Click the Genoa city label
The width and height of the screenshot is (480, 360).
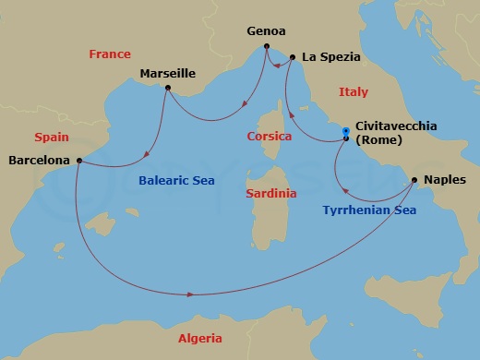click(266, 30)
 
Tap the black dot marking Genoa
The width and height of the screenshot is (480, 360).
click(266, 46)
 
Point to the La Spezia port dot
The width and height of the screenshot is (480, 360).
click(293, 57)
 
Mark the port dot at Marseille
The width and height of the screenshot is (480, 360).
click(167, 88)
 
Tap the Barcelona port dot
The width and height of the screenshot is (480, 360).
click(80, 161)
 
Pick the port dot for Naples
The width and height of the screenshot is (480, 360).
click(414, 180)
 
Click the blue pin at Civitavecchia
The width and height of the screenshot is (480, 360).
click(346, 132)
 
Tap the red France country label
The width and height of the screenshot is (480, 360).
click(110, 54)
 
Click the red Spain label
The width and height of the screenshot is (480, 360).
click(52, 137)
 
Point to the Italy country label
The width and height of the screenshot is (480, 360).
click(353, 92)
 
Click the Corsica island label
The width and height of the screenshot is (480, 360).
click(270, 137)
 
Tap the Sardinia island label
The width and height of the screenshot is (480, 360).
click(271, 194)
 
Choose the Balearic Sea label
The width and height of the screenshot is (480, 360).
click(176, 181)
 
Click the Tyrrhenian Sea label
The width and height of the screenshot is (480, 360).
click(368, 210)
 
